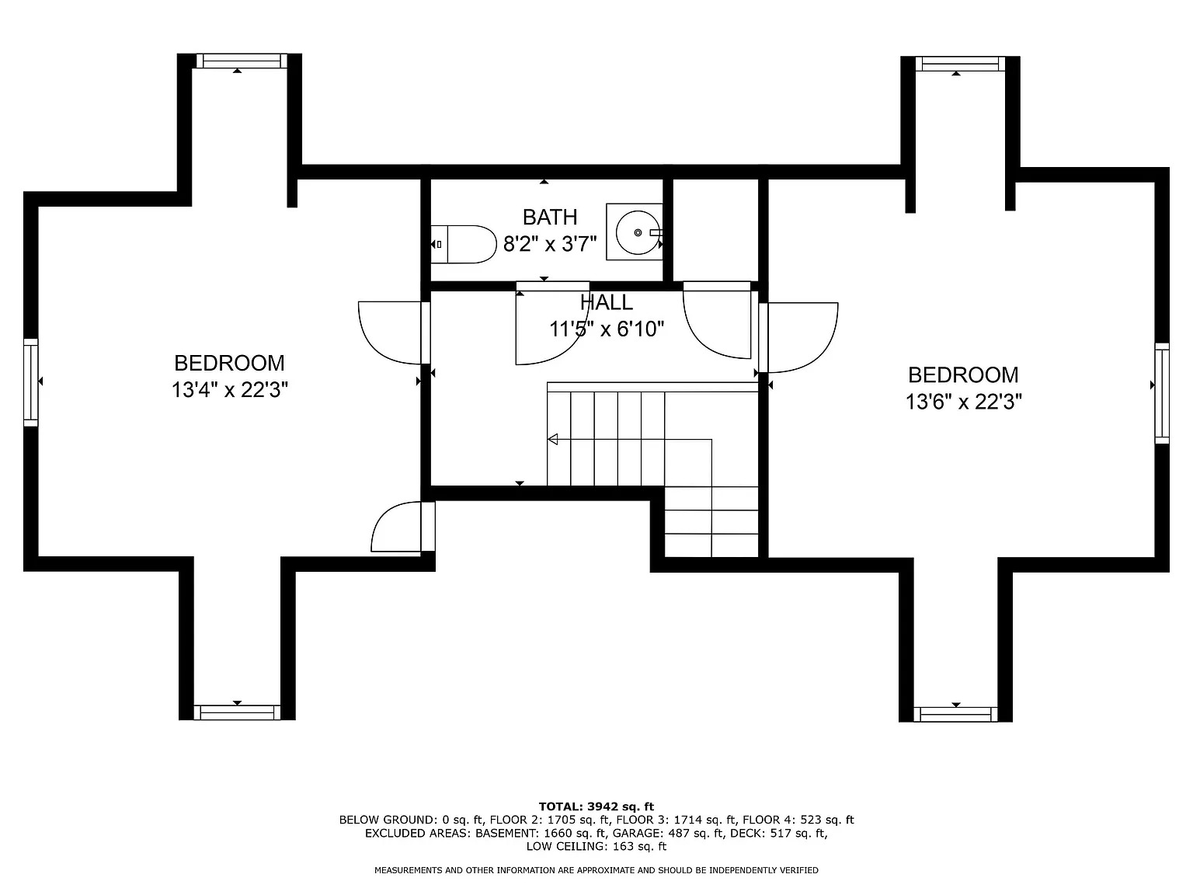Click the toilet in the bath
point(464,244)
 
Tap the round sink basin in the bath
point(638,232)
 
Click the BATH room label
point(549,218)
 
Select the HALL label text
point(606,302)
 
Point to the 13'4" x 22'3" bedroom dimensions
point(229,390)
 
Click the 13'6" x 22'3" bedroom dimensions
point(963,402)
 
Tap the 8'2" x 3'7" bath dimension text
point(549,244)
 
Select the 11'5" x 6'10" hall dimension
point(607,329)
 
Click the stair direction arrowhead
point(553,439)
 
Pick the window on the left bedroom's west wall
point(31,382)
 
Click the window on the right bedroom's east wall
point(1161,393)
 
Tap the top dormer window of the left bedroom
point(241,61)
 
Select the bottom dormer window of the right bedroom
point(955,714)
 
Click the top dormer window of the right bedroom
point(960,64)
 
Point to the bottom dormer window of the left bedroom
point(237,712)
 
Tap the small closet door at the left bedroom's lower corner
point(403,526)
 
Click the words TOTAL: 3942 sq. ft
point(596,806)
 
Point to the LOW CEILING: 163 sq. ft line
point(596,846)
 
